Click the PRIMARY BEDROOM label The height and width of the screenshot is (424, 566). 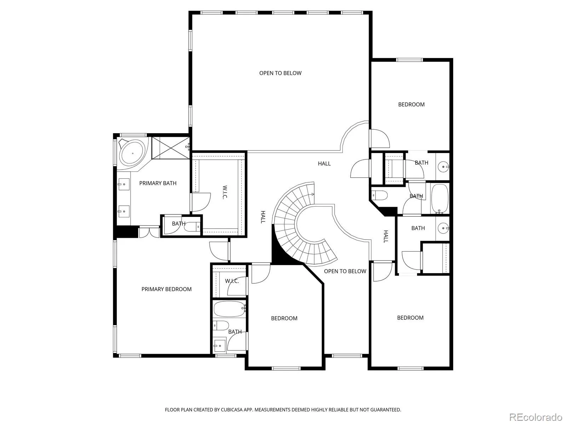[166, 289]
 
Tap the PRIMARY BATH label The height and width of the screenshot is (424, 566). [158, 183]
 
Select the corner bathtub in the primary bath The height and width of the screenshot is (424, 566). [133, 153]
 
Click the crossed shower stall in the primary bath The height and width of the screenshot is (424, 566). [171, 148]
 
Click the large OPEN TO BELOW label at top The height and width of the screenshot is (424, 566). [280, 73]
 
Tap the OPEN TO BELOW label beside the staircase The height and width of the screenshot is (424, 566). [345, 271]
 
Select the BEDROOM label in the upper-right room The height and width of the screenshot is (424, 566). [411, 105]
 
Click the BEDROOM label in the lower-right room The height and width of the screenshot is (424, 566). [410, 318]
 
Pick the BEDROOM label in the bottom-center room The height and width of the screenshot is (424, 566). [284, 318]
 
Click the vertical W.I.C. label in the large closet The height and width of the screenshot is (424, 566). [225, 192]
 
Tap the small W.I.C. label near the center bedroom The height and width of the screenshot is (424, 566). [232, 281]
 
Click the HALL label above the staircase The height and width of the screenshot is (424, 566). [324, 164]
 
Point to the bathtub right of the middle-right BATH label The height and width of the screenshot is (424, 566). [440, 199]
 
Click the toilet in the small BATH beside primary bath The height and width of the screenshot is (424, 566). [193, 226]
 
